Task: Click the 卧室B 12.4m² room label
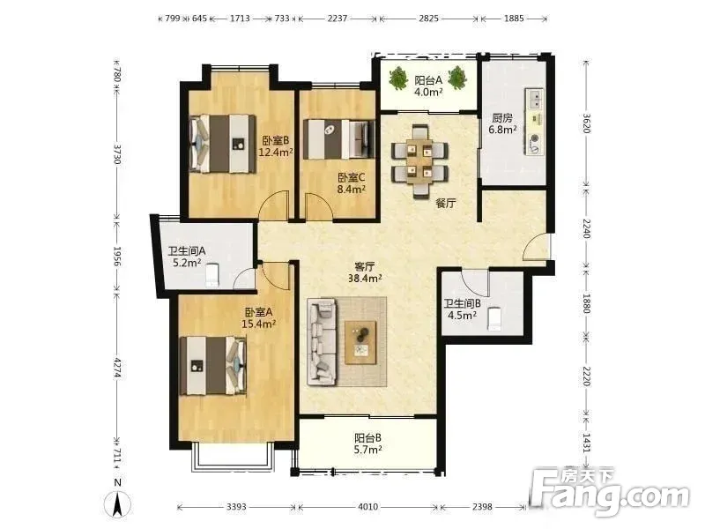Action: [x=276, y=146]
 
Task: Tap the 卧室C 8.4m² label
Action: [x=351, y=183]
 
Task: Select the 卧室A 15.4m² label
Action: [x=258, y=317]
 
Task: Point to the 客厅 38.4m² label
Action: [x=365, y=272]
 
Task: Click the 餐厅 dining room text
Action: [x=445, y=203]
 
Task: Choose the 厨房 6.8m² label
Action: [x=502, y=123]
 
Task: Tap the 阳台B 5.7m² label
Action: [x=367, y=443]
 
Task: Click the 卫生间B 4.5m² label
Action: [x=462, y=309]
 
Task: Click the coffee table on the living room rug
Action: [x=360, y=342]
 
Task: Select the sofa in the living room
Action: [x=322, y=342]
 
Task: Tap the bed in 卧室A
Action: [x=213, y=366]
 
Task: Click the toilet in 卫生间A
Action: [x=211, y=275]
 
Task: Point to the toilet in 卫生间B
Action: [x=494, y=318]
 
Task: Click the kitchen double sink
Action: [x=535, y=100]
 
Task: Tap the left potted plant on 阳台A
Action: [x=398, y=78]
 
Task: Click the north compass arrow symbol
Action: [x=117, y=504]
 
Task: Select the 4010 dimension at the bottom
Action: [x=367, y=507]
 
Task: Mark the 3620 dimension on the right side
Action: [x=586, y=123]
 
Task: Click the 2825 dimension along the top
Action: [x=428, y=19]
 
